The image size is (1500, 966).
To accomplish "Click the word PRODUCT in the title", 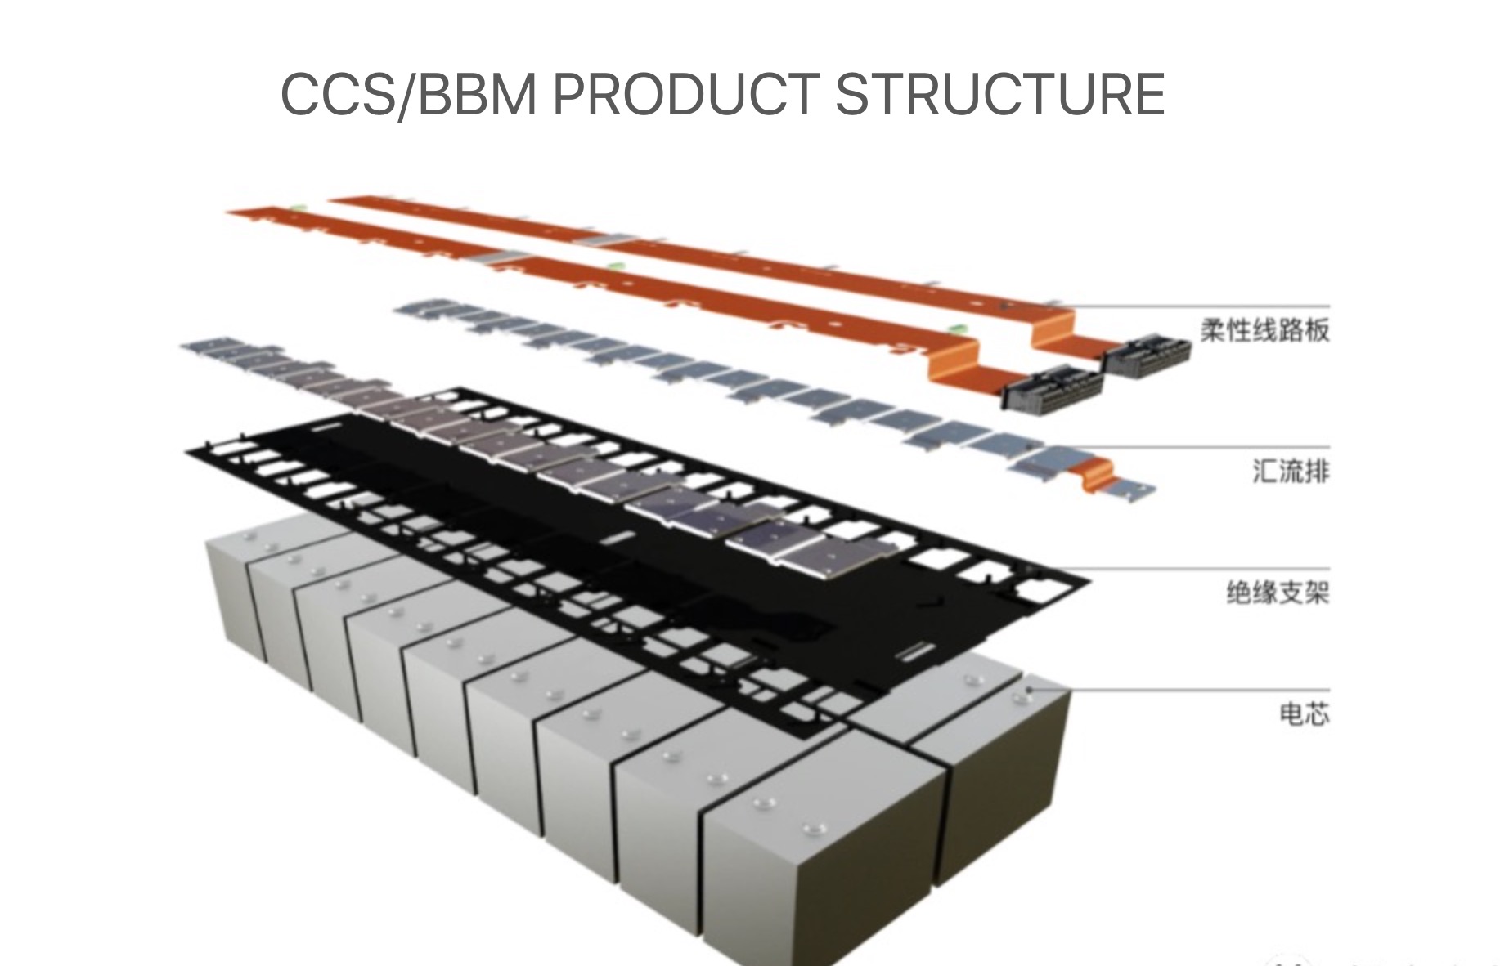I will [x=686, y=94].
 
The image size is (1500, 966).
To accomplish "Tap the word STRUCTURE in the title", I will [x=999, y=94].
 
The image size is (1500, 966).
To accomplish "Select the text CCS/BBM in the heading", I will [x=408, y=94].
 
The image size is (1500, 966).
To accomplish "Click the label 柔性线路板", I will [x=1264, y=330].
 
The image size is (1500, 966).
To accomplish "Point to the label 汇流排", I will [x=1290, y=471].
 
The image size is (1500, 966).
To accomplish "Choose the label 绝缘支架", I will [x=1278, y=592].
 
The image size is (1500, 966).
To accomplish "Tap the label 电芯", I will [x=1304, y=713].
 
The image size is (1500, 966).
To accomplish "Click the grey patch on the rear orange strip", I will [x=604, y=239].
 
